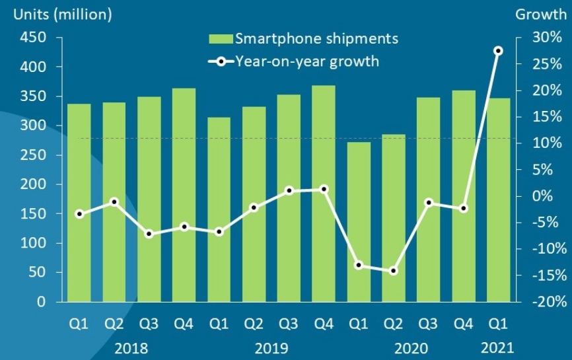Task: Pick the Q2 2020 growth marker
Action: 394,271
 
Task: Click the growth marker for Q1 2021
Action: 499,51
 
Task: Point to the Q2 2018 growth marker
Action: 114,201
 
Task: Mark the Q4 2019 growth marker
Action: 324,189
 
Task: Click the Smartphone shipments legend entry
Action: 304,38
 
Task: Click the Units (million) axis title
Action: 59,14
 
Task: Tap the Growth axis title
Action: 541,14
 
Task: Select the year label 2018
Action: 131,347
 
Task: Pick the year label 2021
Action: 498,347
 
